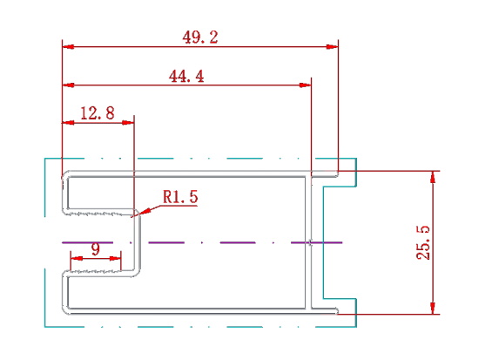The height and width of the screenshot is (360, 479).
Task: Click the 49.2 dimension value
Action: pos(200,37)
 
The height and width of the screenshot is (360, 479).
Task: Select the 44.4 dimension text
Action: pos(186,76)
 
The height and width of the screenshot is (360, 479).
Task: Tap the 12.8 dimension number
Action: pos(98,113)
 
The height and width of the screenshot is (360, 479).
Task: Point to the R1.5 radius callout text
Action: pos(180,197)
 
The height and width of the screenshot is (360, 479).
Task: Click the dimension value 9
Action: pos(96,249)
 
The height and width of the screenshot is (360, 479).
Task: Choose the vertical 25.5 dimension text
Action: pos(423,243)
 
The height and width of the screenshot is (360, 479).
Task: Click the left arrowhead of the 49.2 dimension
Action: pos(68,47)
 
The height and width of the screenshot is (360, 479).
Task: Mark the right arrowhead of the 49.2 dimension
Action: pos(333,47)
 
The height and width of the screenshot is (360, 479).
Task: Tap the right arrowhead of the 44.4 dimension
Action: pos(306,85)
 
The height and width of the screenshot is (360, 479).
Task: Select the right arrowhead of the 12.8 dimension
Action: pos(128,123)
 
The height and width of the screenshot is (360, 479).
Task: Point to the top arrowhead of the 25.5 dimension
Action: pos(433,177)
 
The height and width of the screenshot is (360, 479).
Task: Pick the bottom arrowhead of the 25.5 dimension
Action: pos(433,309)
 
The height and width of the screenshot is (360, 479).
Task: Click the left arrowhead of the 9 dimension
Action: pos(77,259)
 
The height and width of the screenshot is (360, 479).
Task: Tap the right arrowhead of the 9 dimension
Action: pos(115,259)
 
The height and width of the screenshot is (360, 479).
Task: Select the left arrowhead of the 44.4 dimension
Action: pos(68,85)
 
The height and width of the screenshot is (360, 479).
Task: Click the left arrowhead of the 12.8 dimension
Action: pos(68,123)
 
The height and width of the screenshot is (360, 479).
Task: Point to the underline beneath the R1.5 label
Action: pos(179,206)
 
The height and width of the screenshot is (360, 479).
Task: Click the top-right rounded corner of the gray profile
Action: pos(337,173)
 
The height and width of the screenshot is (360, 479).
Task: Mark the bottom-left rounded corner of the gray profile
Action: pos(64,311)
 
